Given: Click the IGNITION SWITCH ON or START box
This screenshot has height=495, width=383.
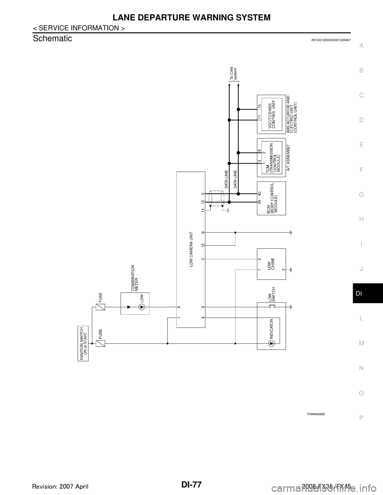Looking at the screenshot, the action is coord(83,343).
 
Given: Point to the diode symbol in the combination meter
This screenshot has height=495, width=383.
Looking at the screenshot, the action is coord(128,307).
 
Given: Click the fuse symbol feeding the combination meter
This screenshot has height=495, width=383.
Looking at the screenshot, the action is coord(100,307).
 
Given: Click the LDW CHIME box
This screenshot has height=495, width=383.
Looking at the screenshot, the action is coord(271,264).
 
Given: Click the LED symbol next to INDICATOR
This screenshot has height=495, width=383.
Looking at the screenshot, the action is coord(271,343).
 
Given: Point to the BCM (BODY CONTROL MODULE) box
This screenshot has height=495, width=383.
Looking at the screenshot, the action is coord(271,198).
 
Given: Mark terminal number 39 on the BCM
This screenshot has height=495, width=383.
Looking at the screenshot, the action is coord(259,203).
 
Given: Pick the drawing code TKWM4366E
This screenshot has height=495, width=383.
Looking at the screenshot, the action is coord(315,414).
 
